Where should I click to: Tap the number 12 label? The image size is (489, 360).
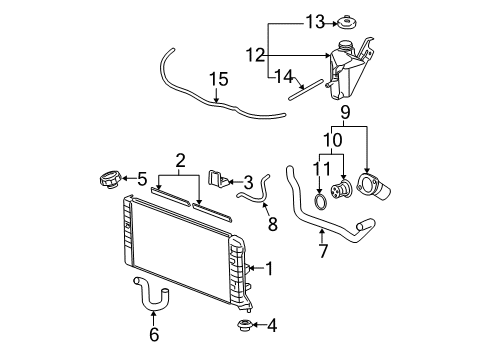coord(256,54)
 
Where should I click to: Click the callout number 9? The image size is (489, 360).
coord(346,112)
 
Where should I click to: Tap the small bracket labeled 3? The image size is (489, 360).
coord(215,179)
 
